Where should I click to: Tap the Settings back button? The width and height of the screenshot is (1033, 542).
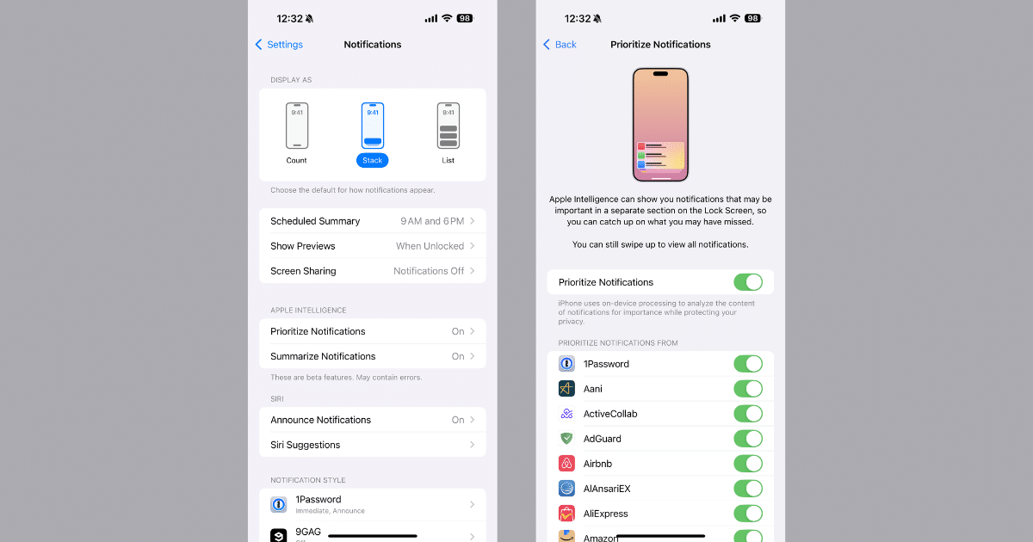point(279,44)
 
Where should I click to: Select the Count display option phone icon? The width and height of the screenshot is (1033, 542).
point(297,126)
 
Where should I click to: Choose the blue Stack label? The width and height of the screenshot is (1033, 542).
point(372,160)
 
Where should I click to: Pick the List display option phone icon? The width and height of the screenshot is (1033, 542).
point(448,126)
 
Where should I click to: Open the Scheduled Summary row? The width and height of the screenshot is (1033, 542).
point(373,221)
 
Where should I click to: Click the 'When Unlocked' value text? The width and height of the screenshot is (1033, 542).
point(430,246)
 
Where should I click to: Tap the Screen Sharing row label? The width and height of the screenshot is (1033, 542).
point(303,271)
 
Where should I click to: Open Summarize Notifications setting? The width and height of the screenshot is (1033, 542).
point(373,356)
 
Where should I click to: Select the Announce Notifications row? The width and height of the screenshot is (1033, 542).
point(373,420)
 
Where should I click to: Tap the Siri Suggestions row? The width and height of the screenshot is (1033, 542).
point(373,445)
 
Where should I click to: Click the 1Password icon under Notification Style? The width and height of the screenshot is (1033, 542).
point(279,505)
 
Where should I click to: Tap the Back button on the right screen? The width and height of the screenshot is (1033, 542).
point(560,44)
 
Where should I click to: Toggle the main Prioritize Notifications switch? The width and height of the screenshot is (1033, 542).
point(748,282)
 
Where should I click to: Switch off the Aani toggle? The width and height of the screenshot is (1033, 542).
point(748,389)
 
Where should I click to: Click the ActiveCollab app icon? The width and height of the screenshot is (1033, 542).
point(566,414)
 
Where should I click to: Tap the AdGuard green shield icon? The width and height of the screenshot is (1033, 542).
point(566,438)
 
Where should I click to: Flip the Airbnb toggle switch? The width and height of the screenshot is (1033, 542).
point(748,463)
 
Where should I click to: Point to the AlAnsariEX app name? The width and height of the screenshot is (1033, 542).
point(607,489)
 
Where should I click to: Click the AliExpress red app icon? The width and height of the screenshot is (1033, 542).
point(566,514)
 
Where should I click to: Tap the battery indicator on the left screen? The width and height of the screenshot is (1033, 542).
point(464,18)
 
